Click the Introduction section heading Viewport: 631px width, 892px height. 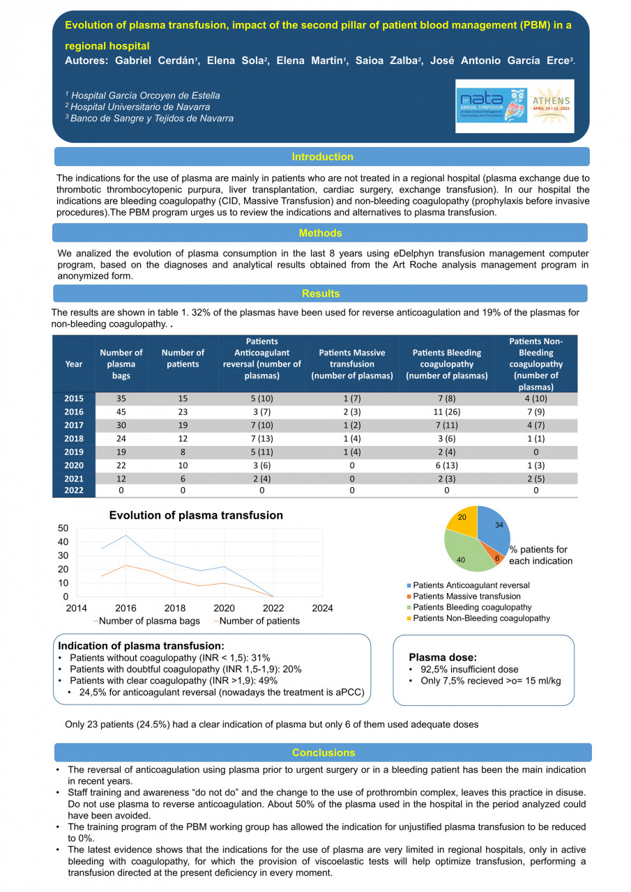point(322,157)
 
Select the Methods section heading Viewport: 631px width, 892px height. point(320,233)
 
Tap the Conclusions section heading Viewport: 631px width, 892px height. point(324,753)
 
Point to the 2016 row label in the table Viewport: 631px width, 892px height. point(74,412)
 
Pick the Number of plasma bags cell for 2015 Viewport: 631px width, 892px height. point(121,399)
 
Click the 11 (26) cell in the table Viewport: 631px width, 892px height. point(447,412)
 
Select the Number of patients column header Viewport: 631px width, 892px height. point(183,358)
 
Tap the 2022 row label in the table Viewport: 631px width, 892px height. point(74,491)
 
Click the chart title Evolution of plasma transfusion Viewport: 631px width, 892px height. point(196,516)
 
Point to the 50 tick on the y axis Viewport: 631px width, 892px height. point(63,528)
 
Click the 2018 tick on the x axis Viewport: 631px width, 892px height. point(175,608)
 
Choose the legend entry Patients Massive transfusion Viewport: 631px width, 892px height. point(466,597)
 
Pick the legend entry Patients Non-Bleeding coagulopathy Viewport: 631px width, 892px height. point(480,618)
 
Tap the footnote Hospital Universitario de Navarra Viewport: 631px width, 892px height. point(139,107)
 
